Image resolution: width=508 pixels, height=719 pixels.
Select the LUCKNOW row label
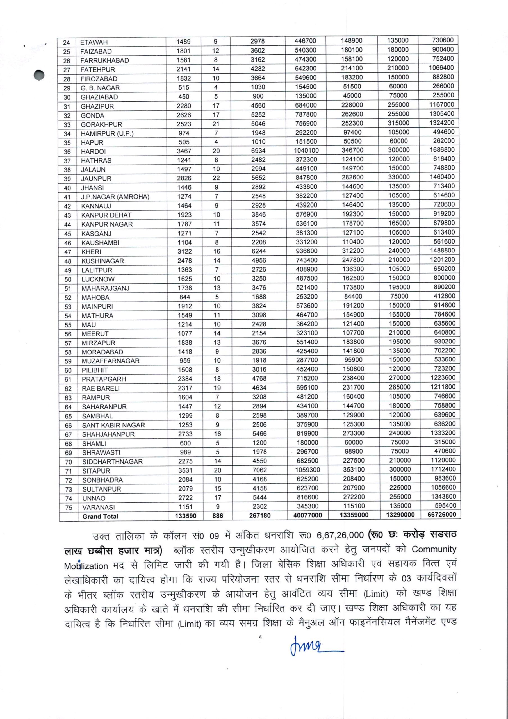pyautogui.click(x=98, y=279)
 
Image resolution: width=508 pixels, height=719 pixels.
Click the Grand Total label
pyautogui.click(x=100, y=517)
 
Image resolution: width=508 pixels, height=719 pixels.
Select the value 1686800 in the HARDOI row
pyautogui.click(x=442, y=150)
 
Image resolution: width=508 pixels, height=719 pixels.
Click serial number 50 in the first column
pyautogui.click(x=68, y=279)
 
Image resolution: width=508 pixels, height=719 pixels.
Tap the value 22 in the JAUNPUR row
pyautogui.click(x=216, y=178)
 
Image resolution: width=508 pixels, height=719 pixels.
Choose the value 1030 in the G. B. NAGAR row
pyautogui.click(x=258, y=87)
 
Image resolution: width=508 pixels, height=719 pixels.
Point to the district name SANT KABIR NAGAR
pyautogui.click(x=113, y=425)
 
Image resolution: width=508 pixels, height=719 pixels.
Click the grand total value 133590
pyautogui.click(x=186, y=516)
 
